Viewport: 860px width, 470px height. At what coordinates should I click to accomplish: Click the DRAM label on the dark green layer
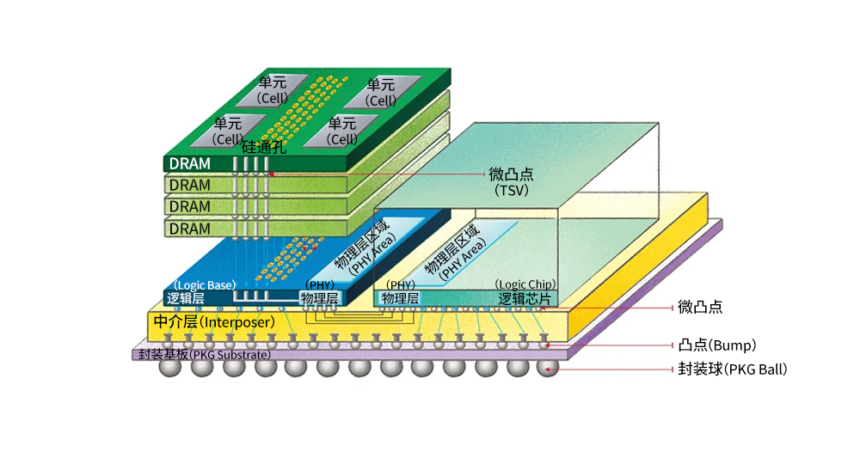click(x=189, y=163)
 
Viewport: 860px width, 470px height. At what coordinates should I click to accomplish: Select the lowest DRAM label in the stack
click(x=189, y=229)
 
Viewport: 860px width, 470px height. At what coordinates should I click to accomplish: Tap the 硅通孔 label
click(x=263, y=147)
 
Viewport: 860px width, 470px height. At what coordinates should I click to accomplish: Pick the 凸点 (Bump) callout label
click(x=716, y=345)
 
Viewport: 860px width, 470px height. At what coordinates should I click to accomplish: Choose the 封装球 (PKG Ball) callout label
click(x=732, y=369)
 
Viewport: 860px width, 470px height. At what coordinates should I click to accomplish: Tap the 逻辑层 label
click(x=186, y=299)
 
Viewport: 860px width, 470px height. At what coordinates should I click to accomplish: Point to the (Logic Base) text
click(x=205, y=284)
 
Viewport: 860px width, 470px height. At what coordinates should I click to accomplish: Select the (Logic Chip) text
click(x=525, y=284)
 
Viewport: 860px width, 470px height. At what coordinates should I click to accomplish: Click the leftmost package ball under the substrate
click(x=170, y=368)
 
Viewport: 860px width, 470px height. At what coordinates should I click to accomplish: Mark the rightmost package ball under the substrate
click(x=547, y=368)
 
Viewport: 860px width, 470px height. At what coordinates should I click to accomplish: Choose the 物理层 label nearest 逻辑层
click(x=320, y=299)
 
